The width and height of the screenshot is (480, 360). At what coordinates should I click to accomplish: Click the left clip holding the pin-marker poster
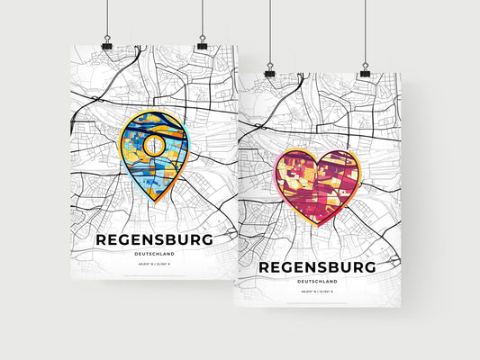pos(107,44)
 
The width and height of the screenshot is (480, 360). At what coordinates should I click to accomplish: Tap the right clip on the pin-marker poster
pos(202,44)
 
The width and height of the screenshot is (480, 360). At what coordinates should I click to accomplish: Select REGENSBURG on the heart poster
pos(316,267)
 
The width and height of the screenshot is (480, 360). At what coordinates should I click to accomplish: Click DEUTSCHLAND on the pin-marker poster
pos(153,255)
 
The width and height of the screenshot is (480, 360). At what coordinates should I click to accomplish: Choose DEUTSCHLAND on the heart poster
pos(316,283)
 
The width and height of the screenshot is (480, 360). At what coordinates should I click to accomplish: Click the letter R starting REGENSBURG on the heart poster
pos(266,267)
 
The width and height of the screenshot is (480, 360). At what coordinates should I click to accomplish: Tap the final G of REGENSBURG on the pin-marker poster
pos(207,239)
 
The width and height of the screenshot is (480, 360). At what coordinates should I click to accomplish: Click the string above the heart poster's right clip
pos(366,31)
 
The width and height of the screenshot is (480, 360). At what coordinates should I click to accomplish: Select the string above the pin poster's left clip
pos(107,18)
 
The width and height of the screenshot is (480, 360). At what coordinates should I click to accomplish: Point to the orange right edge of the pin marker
pos(187,144)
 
